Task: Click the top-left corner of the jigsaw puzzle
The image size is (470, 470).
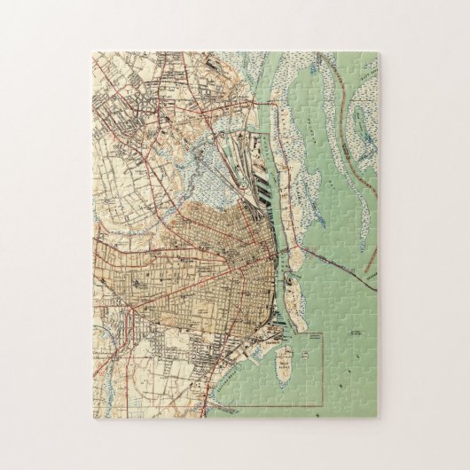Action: coord(90,52)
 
